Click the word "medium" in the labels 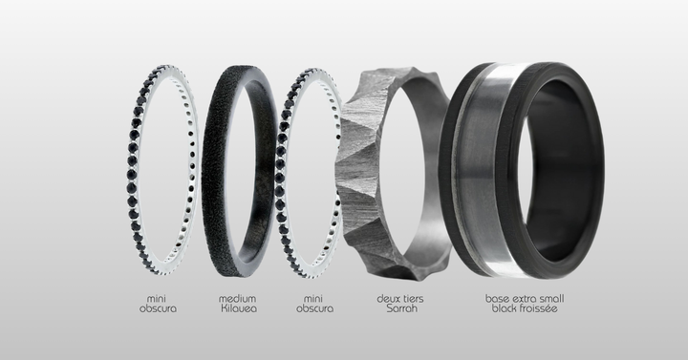point(237,299)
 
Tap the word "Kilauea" point(239,308)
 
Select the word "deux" point(387,299)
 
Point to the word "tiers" point(413,299)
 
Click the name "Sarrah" point(401,308)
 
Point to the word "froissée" point(540,308)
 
